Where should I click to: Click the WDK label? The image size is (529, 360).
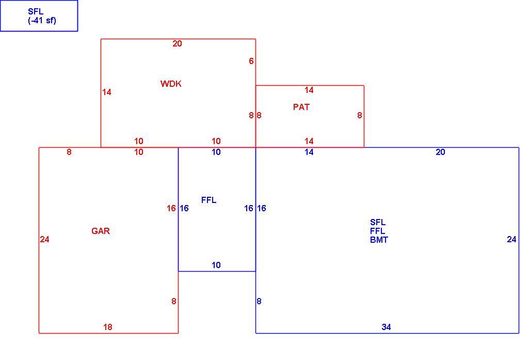click(x=171, y=84)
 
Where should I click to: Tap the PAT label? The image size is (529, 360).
click(x=301, y=107)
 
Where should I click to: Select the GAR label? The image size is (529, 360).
click(x=101, y=231)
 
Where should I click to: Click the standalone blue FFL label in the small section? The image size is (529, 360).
click(x=209, y=200)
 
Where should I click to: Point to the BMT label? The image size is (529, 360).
click(x=379, y=240)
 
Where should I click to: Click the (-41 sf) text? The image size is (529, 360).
click(x=42, y=21)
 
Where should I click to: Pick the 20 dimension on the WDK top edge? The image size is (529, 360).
click(x=177, y=43)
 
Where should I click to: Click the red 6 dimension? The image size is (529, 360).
click(x=251, y=61)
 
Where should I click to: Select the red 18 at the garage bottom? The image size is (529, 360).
click(x=108, y=327)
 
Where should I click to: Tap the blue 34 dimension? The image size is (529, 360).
click(x=386, y=327)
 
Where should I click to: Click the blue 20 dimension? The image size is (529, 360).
click(x=440, y=152)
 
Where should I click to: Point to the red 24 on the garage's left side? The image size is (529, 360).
click(x=44, y=240)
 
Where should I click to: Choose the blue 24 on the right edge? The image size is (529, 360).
click(x=511, y=240)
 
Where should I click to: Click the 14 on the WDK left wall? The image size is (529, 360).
click(x=107, y=92)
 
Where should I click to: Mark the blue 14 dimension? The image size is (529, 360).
click(x=309, y=152)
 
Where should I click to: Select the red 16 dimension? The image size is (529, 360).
click(x=171, y=208)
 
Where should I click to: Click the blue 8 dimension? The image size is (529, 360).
click(x=259, y=301)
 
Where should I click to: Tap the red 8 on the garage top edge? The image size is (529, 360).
click(x=69, y=152)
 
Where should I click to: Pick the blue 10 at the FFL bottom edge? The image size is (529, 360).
click(x=216, y=265)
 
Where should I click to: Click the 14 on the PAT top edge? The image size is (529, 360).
click(x=309, y=90)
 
